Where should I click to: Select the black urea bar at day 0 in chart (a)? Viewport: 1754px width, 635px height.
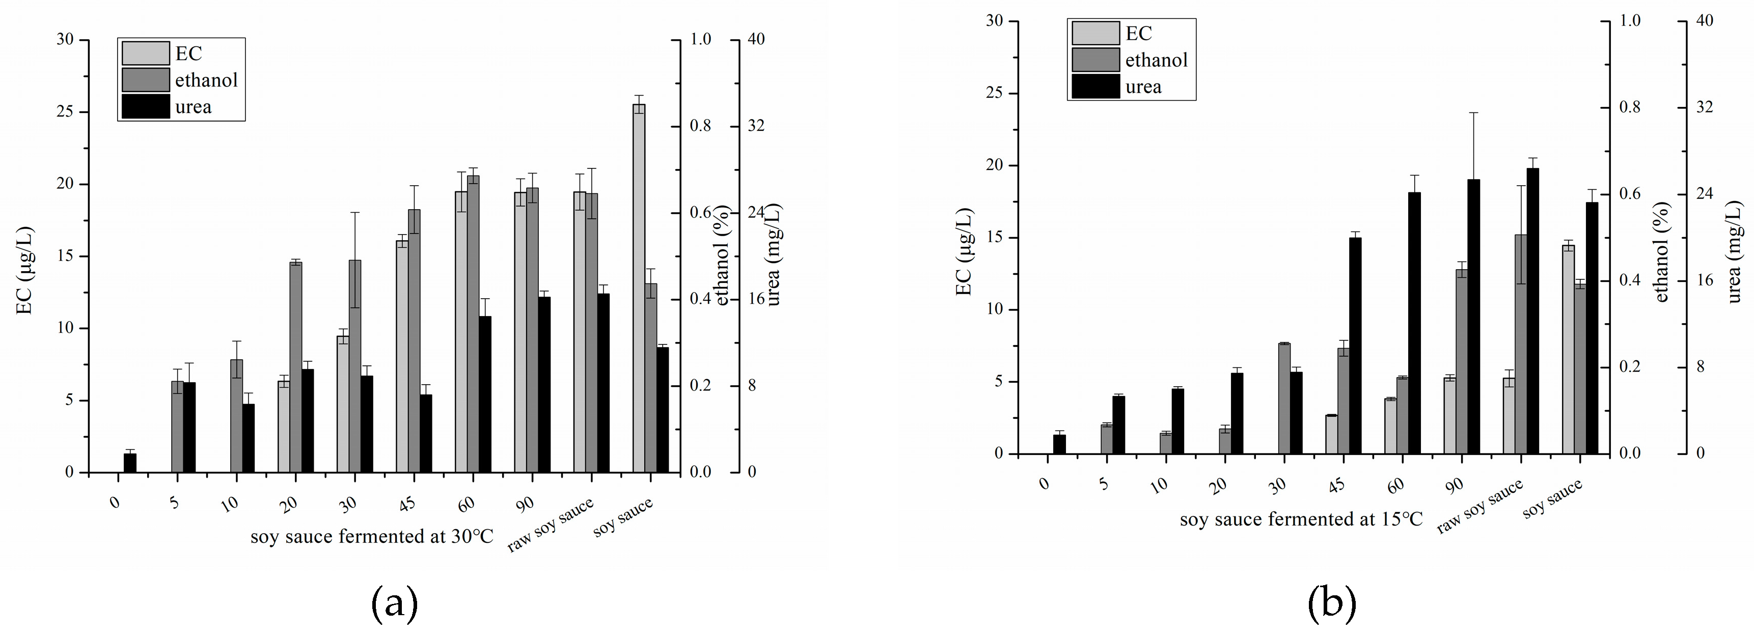pyautogui.click(x=129, y=463)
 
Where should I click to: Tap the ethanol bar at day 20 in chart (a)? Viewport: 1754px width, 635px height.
pyautogui.click(x=295, y=367)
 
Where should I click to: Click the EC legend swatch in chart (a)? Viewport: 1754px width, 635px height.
pyautogui.click(x=145, y=53)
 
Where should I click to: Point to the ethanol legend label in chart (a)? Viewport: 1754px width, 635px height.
pyautogui.click(x=206, y=80)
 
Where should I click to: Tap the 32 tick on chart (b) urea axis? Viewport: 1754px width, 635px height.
pyautogui.click(x=1704, y=107)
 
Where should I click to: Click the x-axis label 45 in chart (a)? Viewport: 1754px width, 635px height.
pyautogui.click(x=406, y=504)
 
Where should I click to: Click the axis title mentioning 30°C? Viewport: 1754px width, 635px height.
pyautogui.click(x=372, y=536)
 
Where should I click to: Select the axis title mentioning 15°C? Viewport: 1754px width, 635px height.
pyautogui.click(x=1301, y=519)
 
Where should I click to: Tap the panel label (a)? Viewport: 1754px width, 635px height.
pyautogui.click(x=394, y=603)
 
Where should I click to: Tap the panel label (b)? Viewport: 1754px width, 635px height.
pyautogui.click(x=1332, y=603)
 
